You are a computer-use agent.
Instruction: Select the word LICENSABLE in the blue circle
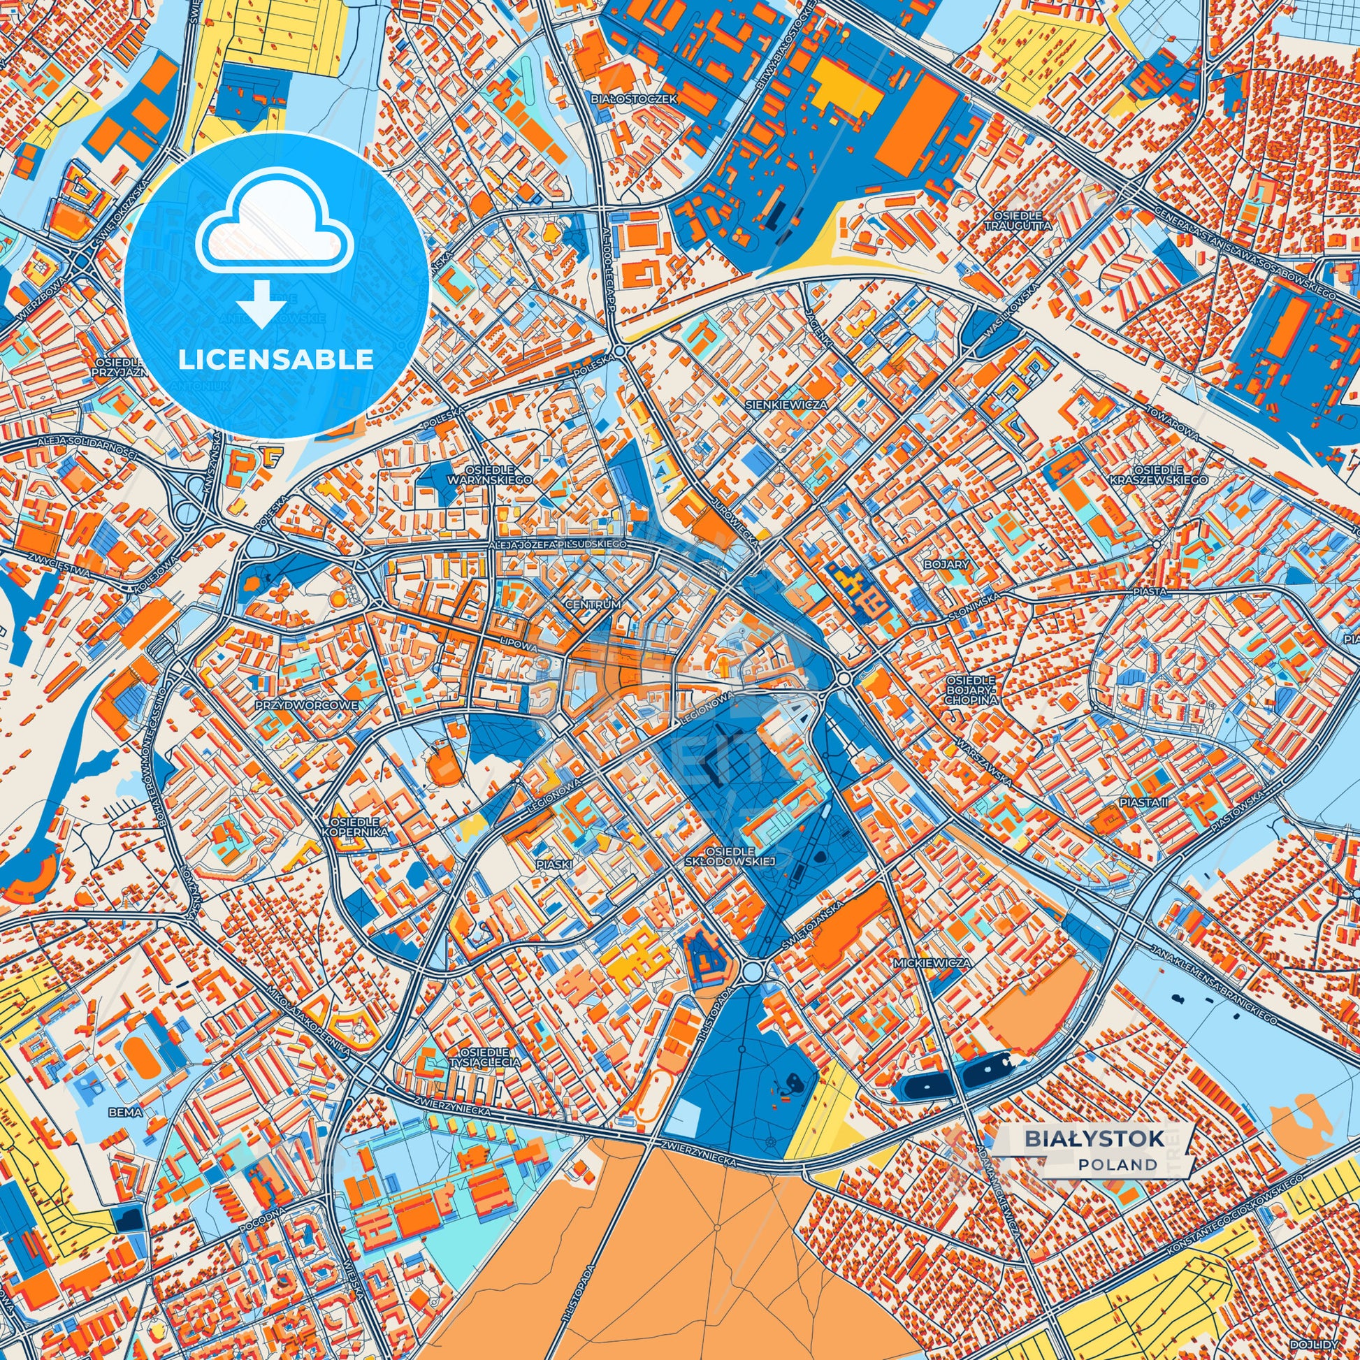pos(275,360)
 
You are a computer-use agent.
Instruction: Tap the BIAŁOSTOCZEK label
pos(635,99)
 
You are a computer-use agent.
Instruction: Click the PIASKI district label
pos(554,864)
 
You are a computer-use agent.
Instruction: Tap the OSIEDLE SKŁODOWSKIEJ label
pos(730,856)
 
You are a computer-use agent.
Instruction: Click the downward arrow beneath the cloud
pos(261,303)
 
